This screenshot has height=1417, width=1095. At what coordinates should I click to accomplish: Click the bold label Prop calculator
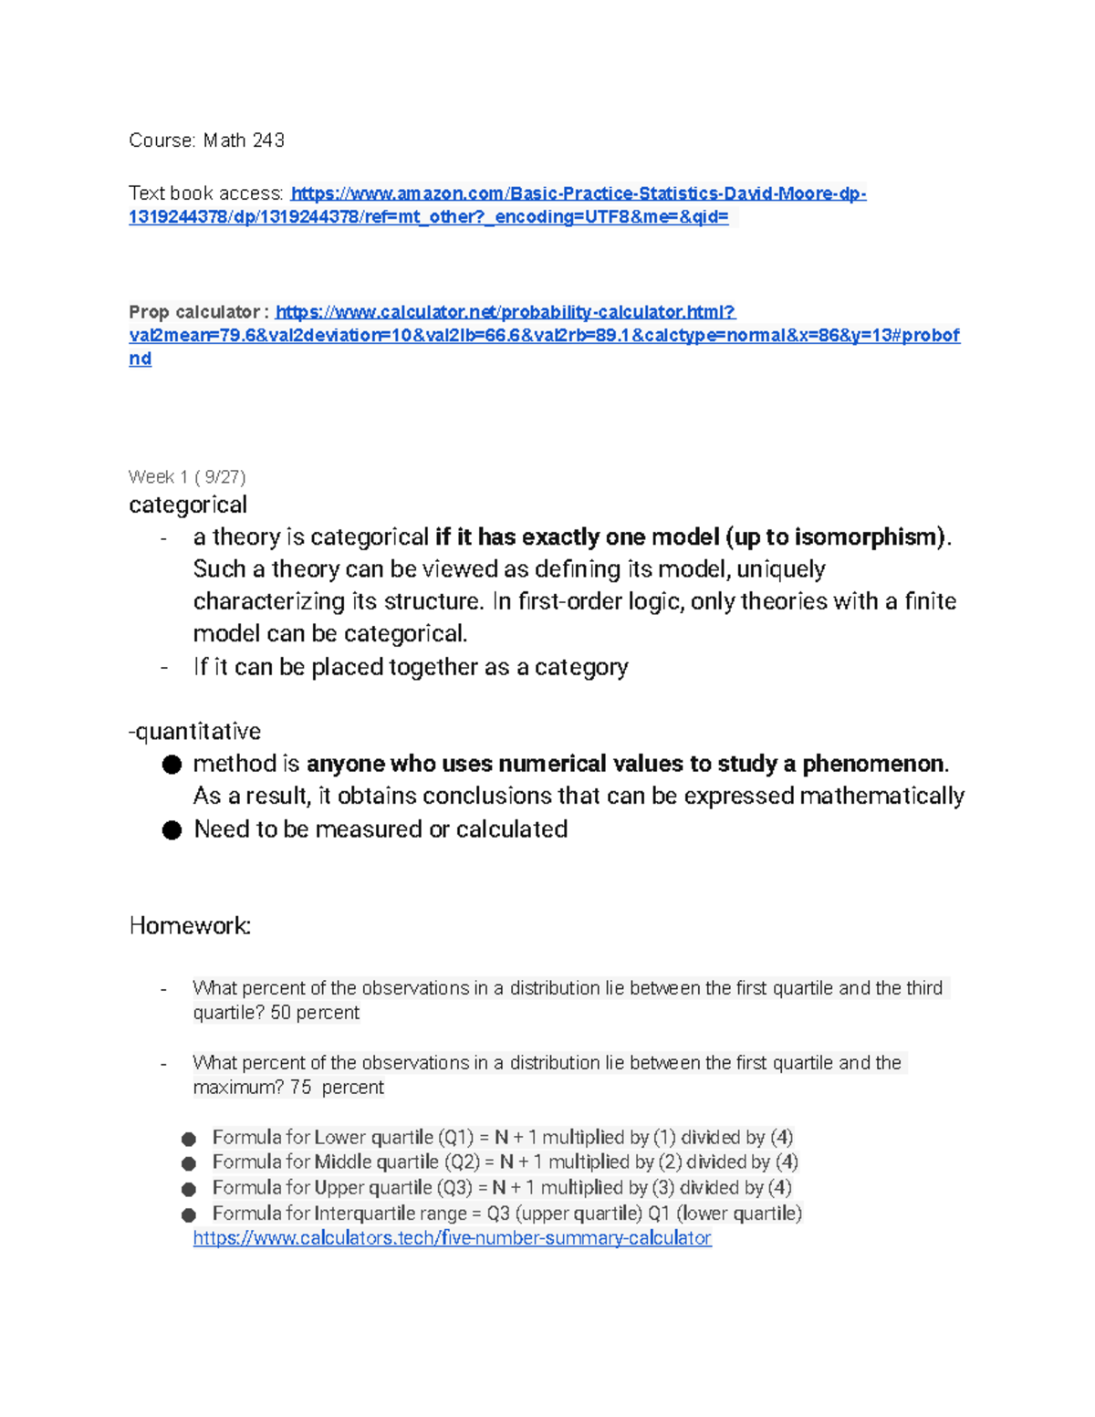[x=194, y=312]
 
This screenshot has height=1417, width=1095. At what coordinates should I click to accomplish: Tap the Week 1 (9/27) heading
[x=187, y=476]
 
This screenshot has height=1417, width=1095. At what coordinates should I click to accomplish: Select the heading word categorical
[x=188, y=505]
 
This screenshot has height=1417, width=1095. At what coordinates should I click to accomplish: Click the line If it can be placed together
[x=411, y=667]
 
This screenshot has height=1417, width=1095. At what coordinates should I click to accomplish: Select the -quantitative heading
[x=195, y=731]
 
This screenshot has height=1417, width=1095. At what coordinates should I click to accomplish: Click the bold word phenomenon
[x=874, y=764]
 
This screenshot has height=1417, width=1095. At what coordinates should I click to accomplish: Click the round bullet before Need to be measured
[x=172, y=829]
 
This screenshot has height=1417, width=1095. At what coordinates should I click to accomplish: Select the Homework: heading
[x=190, y=926]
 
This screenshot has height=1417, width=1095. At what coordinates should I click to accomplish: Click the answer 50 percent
[x=315, y=1013]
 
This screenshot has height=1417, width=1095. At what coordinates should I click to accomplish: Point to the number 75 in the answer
[x=300, y=1088]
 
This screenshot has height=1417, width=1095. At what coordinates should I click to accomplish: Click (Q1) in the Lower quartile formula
[x=455, y=1138]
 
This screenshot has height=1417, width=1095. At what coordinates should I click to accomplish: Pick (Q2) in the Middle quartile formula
[x=462, y=1162]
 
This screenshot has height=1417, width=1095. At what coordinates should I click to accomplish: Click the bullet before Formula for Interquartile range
[x=189, y=1214]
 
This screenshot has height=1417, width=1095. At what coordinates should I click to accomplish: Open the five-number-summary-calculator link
[x=452, y=1238]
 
